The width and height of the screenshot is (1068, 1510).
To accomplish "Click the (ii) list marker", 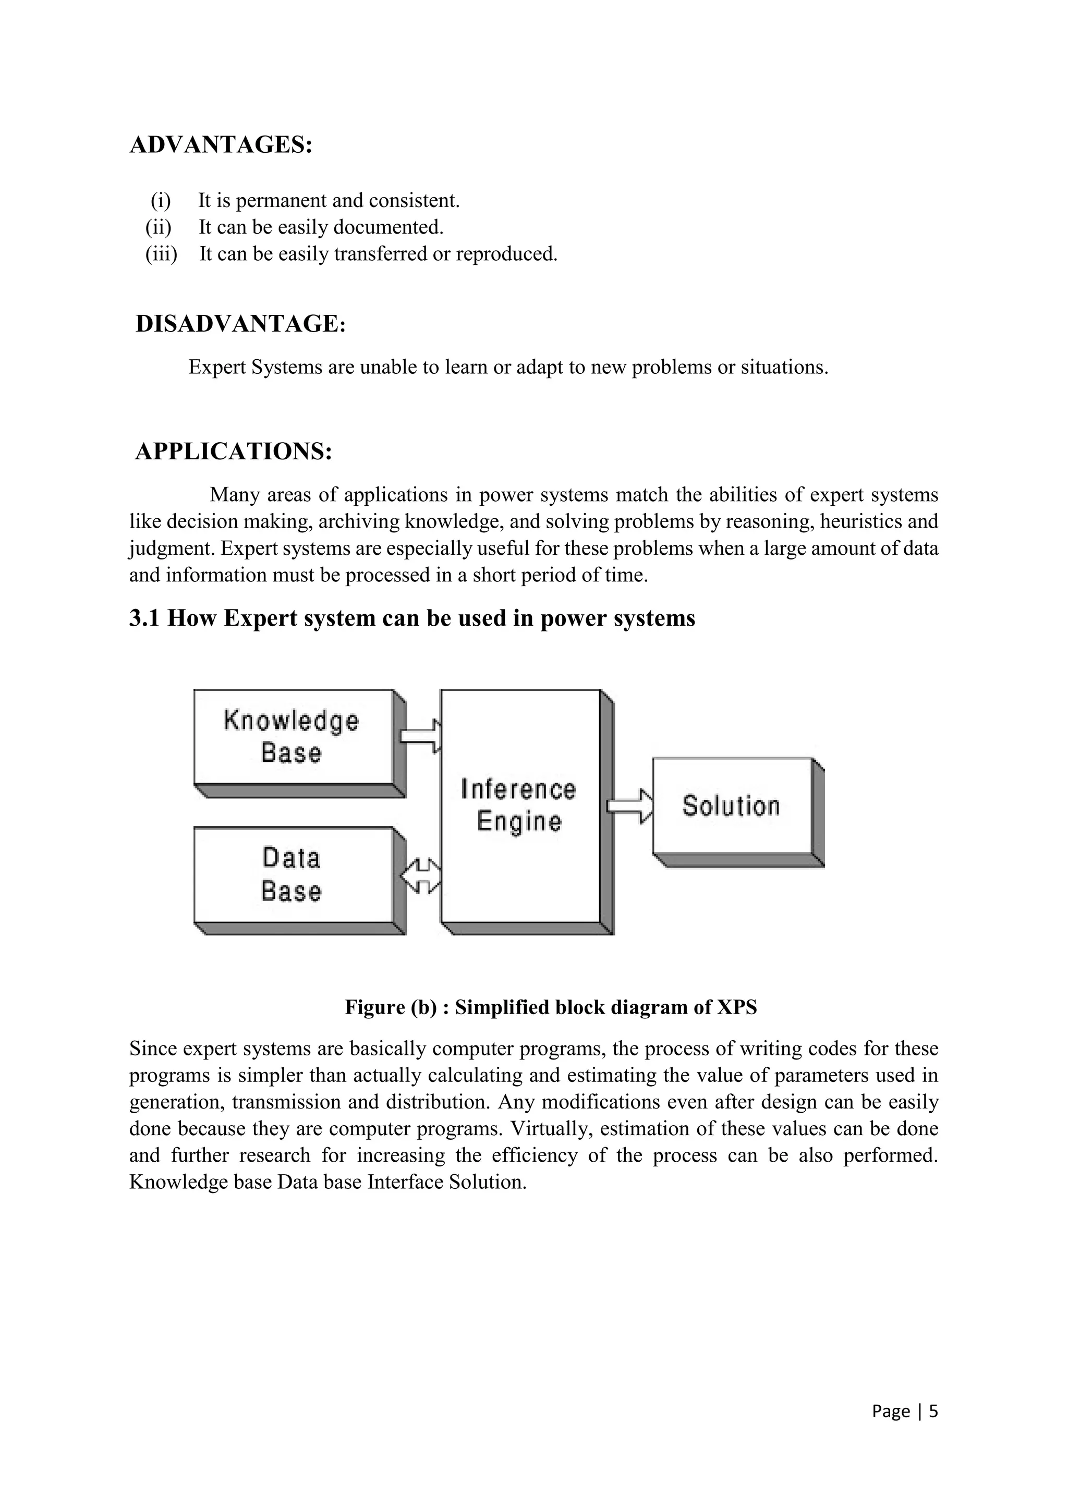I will (x=158, y=227).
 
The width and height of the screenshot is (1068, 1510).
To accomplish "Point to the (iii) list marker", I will (x=161, y=254).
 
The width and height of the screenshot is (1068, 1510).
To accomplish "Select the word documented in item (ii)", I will (x=388, y=227).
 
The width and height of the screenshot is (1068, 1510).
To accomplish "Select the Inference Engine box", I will (x=519, y=805).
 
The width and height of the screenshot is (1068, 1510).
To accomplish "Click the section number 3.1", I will (x=144, y=619).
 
